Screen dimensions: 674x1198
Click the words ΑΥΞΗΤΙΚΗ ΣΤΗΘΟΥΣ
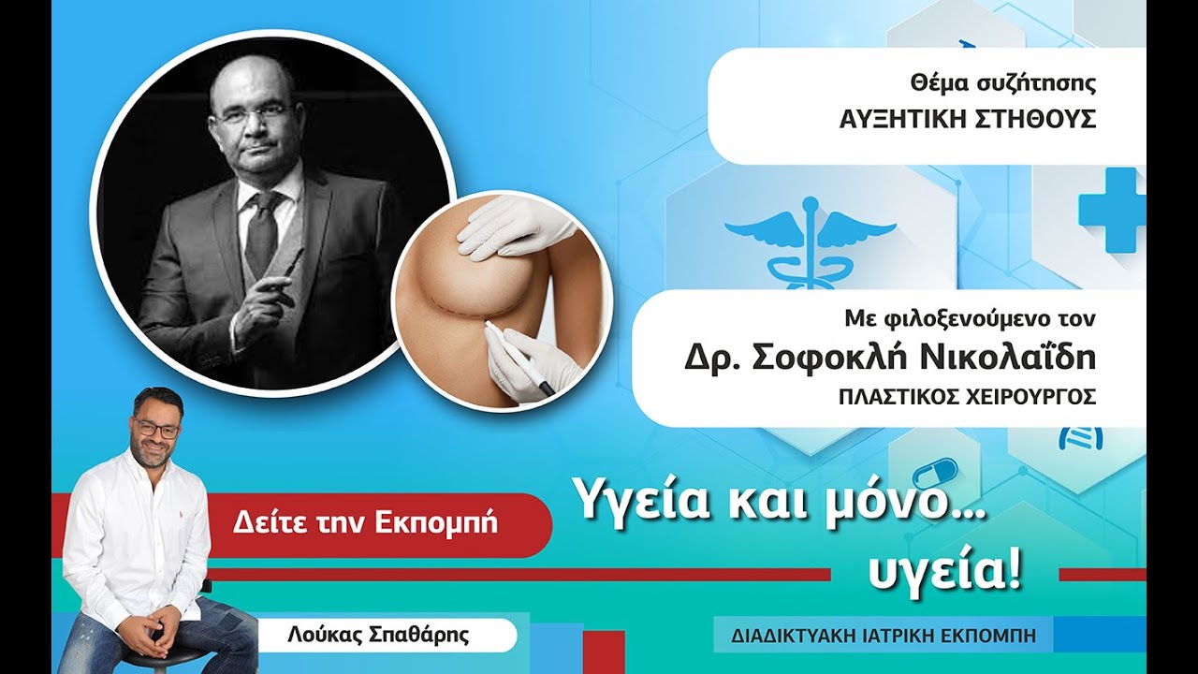tap(967, 120)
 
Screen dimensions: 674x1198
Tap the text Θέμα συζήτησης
tap(1002, 83)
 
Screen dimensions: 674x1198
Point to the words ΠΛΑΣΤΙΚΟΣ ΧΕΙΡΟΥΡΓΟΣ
tap(967, 396)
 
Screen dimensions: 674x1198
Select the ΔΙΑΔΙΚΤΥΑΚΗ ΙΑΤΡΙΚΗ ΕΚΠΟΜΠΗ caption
tap(884, 635)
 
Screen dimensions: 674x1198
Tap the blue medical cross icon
tap(1113, 210)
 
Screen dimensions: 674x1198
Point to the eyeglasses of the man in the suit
tap(250, 114)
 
